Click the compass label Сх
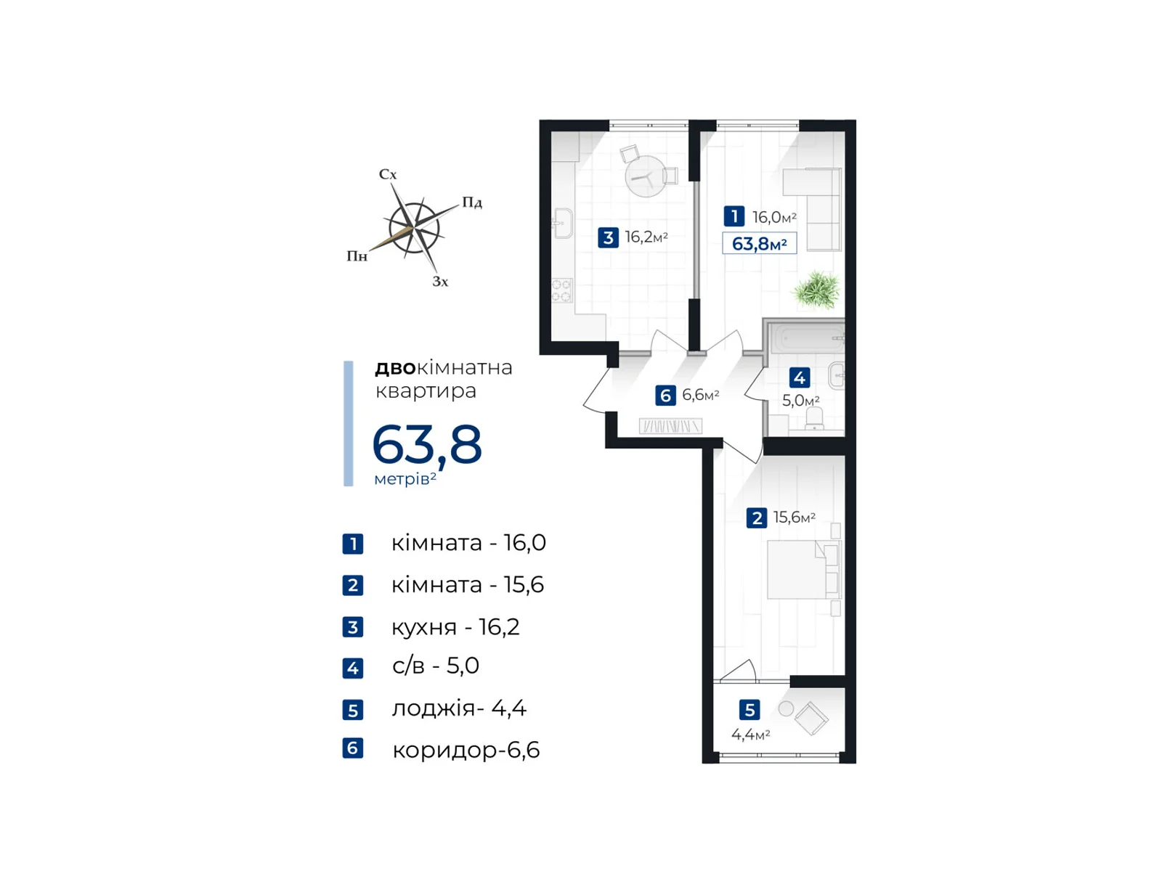point(388,174)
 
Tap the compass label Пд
point(472,203)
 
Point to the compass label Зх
point(440,282)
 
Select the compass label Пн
point(357,256)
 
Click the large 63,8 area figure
point(427,444)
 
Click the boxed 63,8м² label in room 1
point(759,244)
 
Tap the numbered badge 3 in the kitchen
point(608,237)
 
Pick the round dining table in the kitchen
point(645,177)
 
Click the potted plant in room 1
point(817,290)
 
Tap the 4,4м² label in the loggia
point(750,735)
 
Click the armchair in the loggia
point(811,719)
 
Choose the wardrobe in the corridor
point(670,426)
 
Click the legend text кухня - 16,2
point(455,626)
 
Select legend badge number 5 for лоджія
point(353,710)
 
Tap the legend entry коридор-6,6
point(466,750)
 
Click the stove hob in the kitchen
point(561,290)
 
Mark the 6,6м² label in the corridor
point(700,395)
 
